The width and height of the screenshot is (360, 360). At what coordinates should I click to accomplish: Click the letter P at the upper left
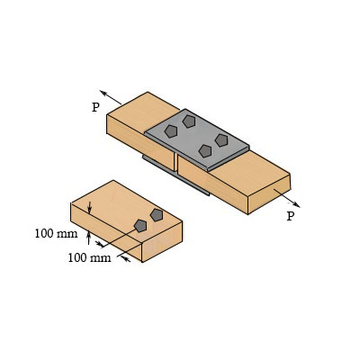point(95,107)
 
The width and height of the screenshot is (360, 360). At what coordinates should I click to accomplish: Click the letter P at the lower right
point(290,216)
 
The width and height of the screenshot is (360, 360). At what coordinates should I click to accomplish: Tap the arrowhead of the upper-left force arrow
point(103,92)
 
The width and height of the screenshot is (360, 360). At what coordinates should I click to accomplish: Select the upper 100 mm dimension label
point(56,234)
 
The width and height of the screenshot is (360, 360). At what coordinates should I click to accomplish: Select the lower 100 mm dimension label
point(89,258)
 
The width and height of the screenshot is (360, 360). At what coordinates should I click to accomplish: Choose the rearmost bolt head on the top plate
point(189,121)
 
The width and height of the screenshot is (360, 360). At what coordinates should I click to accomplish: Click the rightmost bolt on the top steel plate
point(221,140)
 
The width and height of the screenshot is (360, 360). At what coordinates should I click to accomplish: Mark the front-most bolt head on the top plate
point(205,151)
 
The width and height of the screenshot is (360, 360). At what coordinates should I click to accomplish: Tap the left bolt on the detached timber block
point(140,225)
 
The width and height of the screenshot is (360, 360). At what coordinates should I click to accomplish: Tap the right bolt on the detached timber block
point(157,214)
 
